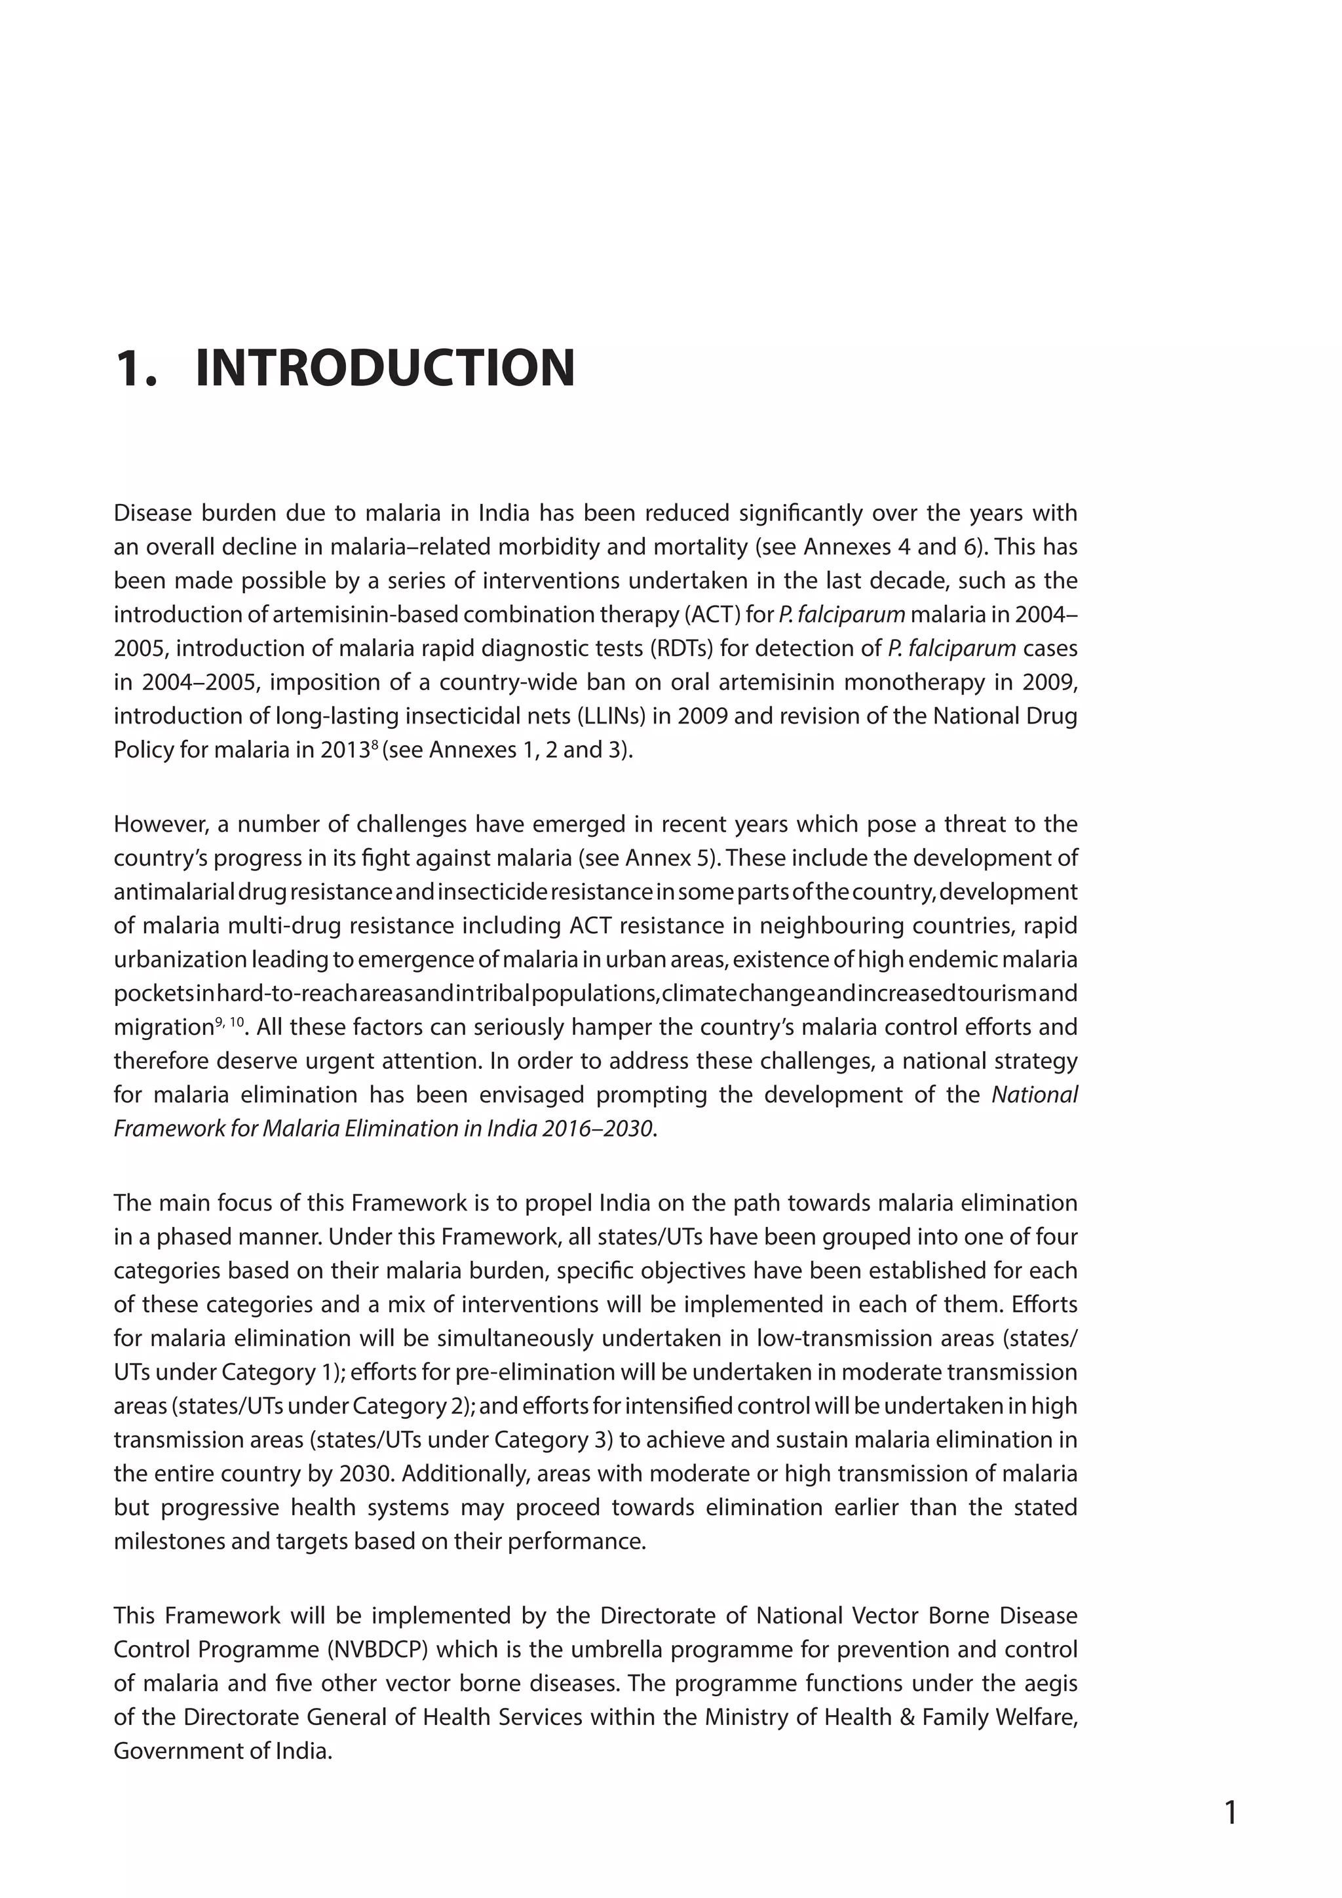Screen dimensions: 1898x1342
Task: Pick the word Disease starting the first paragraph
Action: click(x=152, y=513)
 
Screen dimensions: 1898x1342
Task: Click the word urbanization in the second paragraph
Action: click(x=180, y=959)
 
